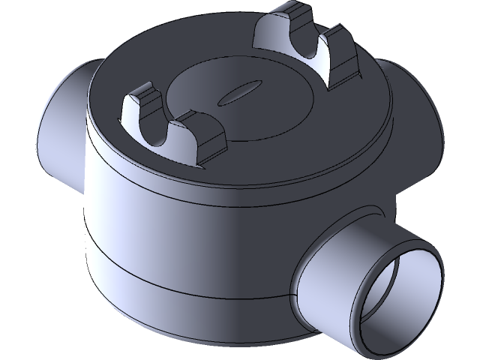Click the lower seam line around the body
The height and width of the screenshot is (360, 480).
(187, 283)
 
